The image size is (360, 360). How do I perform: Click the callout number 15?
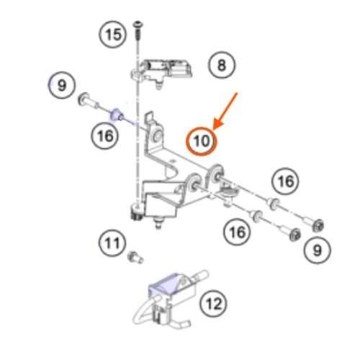[112, 35]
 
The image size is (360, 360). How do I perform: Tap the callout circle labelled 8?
[222, 65]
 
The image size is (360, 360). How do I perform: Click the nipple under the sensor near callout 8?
[158, 85]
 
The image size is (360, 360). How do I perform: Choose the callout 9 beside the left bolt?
[62, 85]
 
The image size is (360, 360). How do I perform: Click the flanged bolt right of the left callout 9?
[88, 102]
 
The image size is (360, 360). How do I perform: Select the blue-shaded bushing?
[117, 115]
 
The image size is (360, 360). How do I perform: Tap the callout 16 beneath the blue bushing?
[105, 136]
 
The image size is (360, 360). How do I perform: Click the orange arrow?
[225, 111]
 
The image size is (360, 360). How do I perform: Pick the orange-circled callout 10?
[201, 141]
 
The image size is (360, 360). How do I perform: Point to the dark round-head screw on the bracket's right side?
[229, 193]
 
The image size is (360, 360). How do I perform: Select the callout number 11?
[112, 243]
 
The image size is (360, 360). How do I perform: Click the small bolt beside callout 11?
[135, 257]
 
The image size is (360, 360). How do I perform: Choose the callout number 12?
[213, 304]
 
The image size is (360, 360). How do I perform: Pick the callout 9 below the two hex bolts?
[318, 251]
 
